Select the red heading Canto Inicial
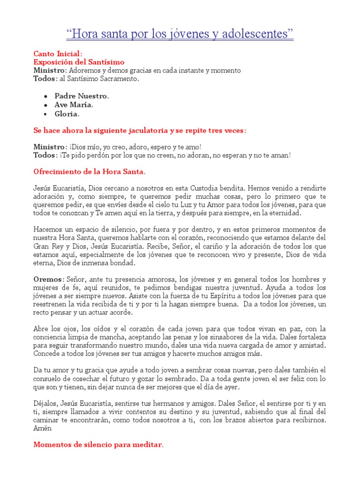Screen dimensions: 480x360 coord(58,54)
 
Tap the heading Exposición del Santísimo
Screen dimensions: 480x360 coord(79,62)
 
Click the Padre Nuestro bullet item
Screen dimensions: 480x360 coord(81,96)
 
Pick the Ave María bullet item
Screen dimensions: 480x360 coord(74,105)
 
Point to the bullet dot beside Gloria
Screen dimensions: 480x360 coord(45,114)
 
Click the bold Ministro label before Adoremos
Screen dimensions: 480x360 coord(49,70)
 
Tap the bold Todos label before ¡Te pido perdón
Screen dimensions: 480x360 coord(45,155)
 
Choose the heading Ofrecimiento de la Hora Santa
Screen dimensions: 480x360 coord(90,172)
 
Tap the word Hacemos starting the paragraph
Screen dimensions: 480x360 coord(48,229)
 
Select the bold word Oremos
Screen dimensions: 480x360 coord(47,279)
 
